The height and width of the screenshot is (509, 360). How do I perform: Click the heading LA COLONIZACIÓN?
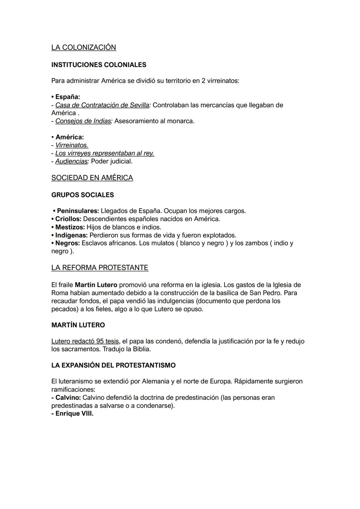[x=84, y=48]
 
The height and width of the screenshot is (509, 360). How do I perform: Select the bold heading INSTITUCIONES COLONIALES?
[x=99, y=65]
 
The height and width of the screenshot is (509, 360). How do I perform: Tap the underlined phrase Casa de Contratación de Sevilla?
[x=102, y=105]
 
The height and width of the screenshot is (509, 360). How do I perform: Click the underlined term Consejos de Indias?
[x=83, y=121]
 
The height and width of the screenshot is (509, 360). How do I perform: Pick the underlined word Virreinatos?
[x=72, y=145]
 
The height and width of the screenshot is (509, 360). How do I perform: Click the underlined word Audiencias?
[x=71, y=161]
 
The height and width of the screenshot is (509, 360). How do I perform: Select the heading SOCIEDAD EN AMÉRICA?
[x=92, y=178]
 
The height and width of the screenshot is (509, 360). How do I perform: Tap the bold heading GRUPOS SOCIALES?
[x=83, y=195]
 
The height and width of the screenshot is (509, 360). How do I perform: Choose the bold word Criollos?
[x=68, y=219]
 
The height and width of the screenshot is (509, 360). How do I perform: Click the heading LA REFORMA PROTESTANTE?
[x=100, y=268]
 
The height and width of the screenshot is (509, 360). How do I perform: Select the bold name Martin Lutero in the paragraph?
[x=96, y=285]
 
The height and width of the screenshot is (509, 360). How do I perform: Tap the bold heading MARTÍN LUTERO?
[x=78, y=325]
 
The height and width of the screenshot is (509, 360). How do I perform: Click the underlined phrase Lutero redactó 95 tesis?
[x=85, y=341]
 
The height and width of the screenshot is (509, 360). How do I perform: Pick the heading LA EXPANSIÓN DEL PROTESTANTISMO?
[x=113, y=365]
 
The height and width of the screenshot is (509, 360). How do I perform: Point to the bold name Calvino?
[x=68, y=398]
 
